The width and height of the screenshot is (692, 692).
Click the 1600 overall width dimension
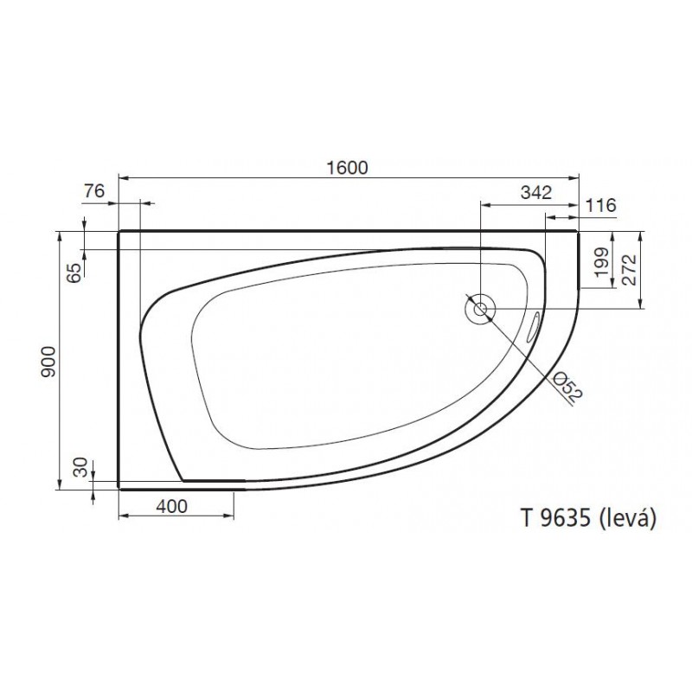point(348,168)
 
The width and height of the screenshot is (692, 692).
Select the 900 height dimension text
point(48,362)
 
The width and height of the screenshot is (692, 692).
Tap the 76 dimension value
point(94,191)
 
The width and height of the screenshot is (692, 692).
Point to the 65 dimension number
point(76,272)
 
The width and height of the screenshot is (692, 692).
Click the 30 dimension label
point(80,467)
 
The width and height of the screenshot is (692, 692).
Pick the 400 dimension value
point(172,506)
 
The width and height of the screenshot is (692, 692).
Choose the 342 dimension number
point(536,192)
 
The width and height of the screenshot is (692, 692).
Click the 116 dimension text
point(600,205)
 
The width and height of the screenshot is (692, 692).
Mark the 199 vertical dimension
point(601,262)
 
